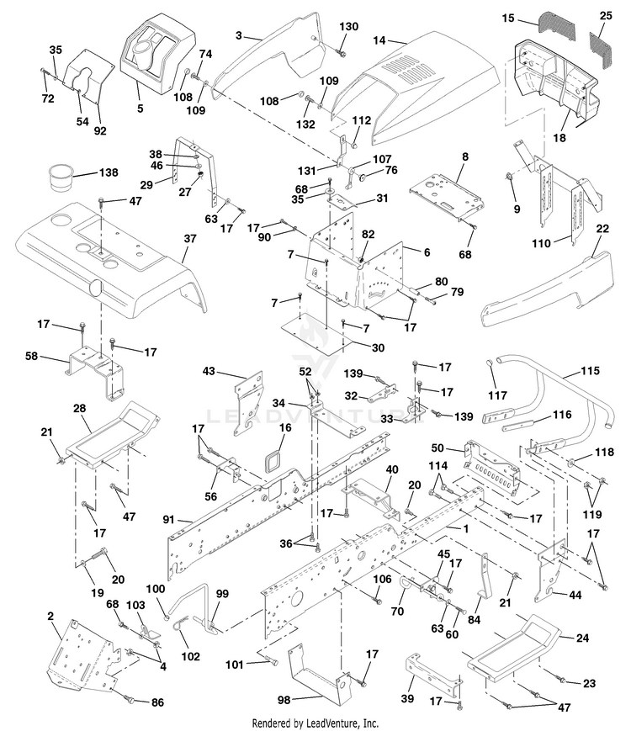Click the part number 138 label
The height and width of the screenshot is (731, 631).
[x=109, y=172]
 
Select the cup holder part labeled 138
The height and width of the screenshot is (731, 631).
[x=60, y=178]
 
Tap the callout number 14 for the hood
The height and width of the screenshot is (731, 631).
[x=379, y=40]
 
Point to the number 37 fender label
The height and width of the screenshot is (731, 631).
[x=190, y=239]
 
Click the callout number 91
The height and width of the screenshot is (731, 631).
[x=169, y=519]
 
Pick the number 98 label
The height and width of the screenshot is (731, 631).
[x=284, y=700]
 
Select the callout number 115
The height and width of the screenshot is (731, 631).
[x=591, y=371]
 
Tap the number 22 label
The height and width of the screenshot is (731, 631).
[x=602, y=229]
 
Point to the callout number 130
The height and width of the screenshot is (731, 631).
[x=349, y=27]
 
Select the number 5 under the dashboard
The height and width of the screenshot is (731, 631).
[x=140, y=109]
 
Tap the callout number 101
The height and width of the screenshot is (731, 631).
[x=235, y=665]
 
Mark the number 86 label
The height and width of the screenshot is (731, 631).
[x=157, y=702]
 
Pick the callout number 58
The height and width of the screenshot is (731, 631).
[x=32, y=357]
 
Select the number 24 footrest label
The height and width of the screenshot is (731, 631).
[x=583, y=638]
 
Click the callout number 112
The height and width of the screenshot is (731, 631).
[x=362, y=121]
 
